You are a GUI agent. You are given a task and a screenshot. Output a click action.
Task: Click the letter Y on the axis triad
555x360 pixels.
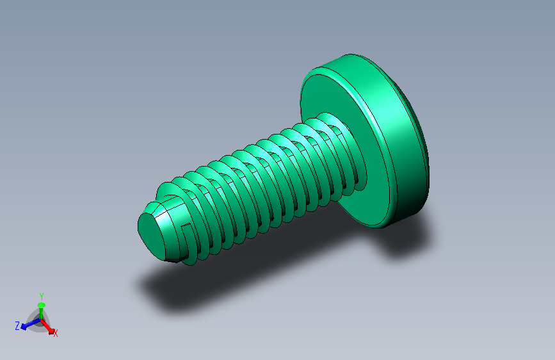(42, 296)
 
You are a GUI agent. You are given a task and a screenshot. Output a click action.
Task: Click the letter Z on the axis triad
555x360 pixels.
(17, 325)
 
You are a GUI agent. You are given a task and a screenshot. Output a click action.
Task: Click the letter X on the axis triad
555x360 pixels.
(56, 333)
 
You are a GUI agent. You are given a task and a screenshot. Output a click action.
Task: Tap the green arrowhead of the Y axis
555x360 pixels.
(42, 305)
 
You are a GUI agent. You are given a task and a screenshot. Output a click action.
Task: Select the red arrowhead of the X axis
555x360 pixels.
(51, 331)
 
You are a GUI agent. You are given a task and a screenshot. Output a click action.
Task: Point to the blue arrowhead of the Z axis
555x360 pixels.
(24, 327)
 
